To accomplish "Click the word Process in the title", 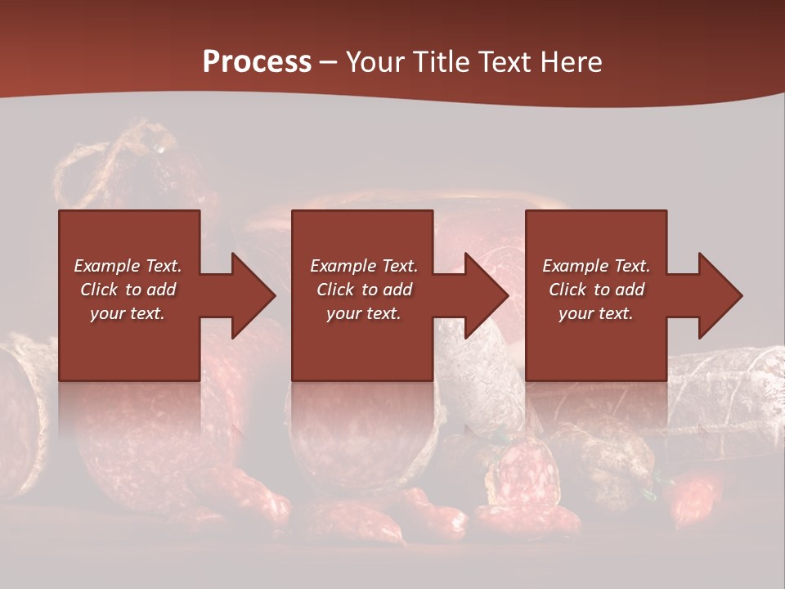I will click(x=257, y=62).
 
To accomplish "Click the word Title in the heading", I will click(x=442, y=62).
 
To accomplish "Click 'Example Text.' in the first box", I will click(x=128, y=266).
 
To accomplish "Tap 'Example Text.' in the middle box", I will click(x=364, y=266).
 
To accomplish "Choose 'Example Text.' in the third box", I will click(x=596, y=266).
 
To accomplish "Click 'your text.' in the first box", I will click(x=128, y=313).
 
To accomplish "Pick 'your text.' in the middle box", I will click(x=364, y=313).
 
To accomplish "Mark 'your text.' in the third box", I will click(x=596, y=313).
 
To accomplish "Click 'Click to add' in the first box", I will click(x=128, y=290).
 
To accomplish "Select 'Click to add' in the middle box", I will click(x=364, y=290).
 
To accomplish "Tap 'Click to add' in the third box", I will click(x=596, y=290).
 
